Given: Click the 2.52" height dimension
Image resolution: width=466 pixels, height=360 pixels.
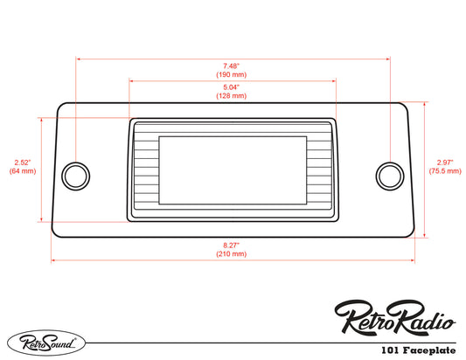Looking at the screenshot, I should pyautogui.click(x=23, y=162).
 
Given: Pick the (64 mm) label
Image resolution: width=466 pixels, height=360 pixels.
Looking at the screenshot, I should pyautogui.click(x=23, y=171).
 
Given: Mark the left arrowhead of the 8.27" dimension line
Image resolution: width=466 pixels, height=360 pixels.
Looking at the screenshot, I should pyautogui.click(x=54, y=260).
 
